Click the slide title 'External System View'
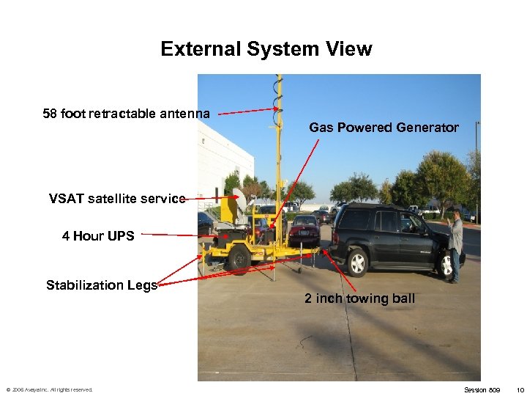(266, 49)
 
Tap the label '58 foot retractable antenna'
(126, 113)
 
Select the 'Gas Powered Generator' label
(384, 128)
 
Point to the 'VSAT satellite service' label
(116, 198)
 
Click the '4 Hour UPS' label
(98, 235)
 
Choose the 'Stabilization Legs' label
(102, 285)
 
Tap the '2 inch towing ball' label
(359, 298)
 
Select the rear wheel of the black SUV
(357, 262)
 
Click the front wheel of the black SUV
(447, 264)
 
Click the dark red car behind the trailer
(304, 231)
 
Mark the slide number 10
(520, 389)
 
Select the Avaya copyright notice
(49, 389)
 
